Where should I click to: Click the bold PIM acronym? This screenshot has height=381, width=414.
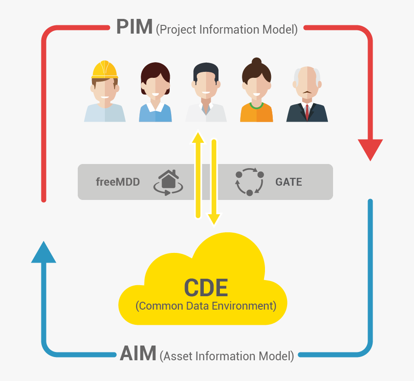tap(134, 27)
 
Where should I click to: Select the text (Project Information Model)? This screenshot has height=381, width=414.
tap(227, 30)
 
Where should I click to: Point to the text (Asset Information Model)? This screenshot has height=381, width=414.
tap(227, 356)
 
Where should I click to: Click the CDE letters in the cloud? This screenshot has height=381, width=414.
tap(206, 287)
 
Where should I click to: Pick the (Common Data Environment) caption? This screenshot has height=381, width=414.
tap(206, 306)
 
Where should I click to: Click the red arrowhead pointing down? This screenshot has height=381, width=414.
tap(370, 149)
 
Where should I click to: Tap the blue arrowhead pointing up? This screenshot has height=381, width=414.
tap(44, 252)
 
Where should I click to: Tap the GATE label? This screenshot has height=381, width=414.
tap(289, 182)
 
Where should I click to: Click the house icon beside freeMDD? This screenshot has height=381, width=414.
tap(168, 181)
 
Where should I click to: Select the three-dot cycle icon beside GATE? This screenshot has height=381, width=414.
tap(249, 182)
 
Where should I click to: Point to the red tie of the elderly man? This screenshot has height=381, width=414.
tap(307, 111)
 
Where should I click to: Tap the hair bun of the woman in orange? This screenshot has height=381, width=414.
tap(257, 62)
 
